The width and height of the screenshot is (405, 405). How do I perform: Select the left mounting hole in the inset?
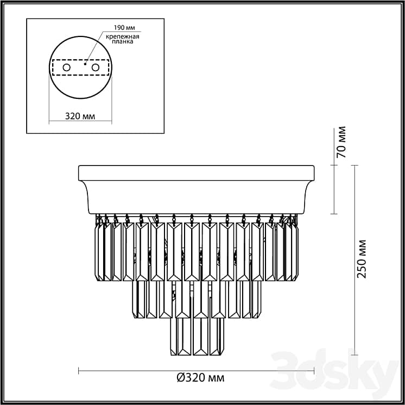click(x=66, y=67)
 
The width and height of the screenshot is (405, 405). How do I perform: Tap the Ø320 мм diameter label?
click(x=200, y=377)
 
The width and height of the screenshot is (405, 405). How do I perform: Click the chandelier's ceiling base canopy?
click(x=196, y=187)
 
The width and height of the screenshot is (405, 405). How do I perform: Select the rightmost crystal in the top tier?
click(x=295, y=252)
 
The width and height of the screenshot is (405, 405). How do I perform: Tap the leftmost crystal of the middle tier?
click(x=137, y=299)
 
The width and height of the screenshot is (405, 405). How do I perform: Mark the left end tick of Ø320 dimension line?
click(x=79, y=371)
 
